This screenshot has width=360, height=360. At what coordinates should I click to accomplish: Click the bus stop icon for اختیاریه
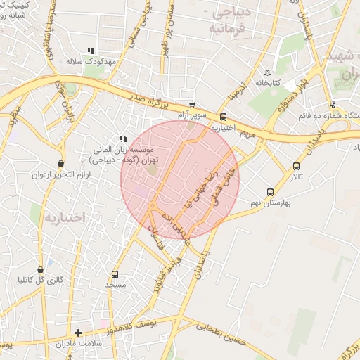point(224,117)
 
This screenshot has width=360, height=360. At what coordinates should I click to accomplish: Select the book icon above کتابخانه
point(266,72)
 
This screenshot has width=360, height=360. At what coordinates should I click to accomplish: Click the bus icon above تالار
point(296,167)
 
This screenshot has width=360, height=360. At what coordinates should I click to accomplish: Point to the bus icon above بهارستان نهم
point(270,192)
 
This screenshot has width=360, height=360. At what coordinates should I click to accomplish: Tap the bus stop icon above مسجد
point(115,274)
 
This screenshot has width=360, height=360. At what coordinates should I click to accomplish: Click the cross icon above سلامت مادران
point(78,332)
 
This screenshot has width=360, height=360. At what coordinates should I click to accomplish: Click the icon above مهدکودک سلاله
point(90,51)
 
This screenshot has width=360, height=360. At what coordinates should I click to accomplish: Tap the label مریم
point(246,131)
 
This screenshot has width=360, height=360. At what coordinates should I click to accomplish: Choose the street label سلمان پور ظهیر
point(174,28)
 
